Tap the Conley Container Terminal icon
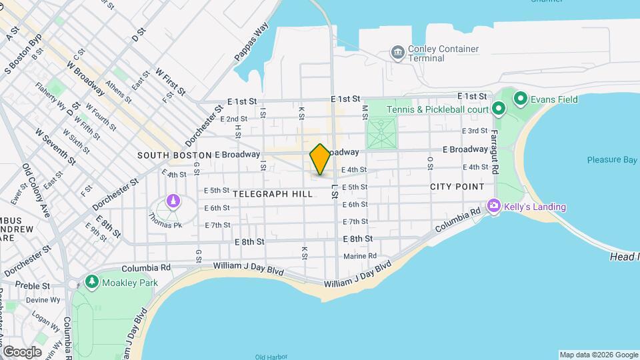[398, 52]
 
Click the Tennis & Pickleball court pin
[498, 109]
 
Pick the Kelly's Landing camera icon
[493, 207]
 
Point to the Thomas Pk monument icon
[173, 201]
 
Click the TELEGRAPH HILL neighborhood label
[273, 194]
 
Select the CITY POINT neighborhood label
[457, 187]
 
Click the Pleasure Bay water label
[613, 160]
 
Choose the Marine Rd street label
[360, 256]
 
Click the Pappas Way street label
[251, 43]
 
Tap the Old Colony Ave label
[36, 191]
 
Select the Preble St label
[32, 286]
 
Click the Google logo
[22, 351]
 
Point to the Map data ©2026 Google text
[598, 355]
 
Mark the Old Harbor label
[270, 357]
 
